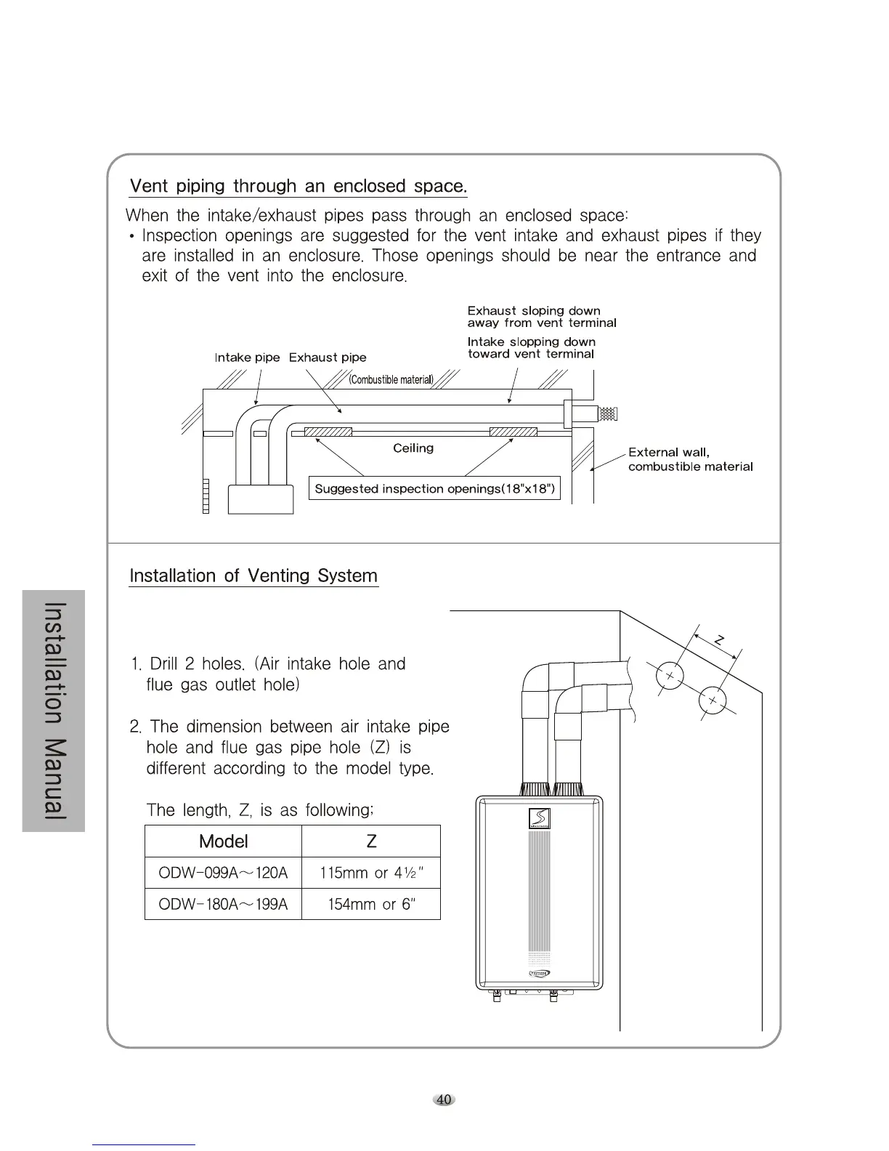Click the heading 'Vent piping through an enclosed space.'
[x=298, y=186]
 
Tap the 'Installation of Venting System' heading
[x=253, y=576]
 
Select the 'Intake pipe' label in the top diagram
[x=247, y=358]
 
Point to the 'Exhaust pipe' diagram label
[x=328, y=358]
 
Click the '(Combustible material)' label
[x=391, y=380]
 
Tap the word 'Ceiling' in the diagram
[x=413, y=448]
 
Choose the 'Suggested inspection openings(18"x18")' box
[x=434, y=489]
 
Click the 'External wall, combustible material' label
[x=690, y=459]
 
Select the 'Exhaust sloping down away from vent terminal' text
[x=541, y=317]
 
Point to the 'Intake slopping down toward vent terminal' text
[x=531, y=348]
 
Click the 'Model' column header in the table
[x=223, y=841]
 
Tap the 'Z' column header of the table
[x=371, y=841]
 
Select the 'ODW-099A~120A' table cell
[x=223, y=873]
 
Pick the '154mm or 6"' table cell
[x=371, y=904]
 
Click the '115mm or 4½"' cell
[x=371, y=873]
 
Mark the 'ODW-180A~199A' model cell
[x=223, y=904]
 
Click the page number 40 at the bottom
[x=444, y=1099]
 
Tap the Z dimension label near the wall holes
[x=718, y=640]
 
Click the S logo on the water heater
[x=539, y=818]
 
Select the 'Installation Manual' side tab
[x=54, y=711]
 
